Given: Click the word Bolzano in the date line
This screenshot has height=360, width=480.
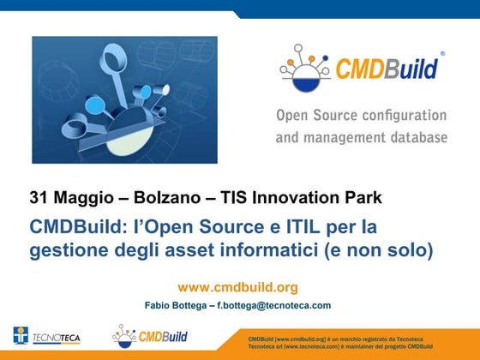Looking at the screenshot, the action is point(167,197).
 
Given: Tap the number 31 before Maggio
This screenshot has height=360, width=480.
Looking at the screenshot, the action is point(39,197).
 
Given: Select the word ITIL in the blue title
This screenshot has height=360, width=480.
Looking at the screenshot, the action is point(303,227).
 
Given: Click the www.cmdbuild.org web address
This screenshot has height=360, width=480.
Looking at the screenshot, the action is point(238,287).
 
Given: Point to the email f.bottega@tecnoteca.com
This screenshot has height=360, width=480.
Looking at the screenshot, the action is point(274,305).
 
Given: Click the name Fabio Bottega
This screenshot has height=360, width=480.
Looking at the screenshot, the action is point(176,305).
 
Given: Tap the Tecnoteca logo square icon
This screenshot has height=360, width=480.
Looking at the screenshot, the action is point(21,335).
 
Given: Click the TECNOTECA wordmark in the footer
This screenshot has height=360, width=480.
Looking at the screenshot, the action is point(57,338).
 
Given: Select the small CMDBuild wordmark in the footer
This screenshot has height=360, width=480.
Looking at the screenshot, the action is point(163,337).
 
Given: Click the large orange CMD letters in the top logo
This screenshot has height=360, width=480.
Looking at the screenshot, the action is point(360,69).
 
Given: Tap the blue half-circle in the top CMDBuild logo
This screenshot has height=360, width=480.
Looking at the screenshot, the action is point(305,85).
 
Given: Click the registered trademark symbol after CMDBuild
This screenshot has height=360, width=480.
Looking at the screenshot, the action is point(442,53).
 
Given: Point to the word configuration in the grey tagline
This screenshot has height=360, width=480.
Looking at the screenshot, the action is point(405,116).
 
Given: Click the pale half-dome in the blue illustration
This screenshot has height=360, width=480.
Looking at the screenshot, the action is point(129,141).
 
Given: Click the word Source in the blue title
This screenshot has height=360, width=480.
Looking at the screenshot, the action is point(231,227).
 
